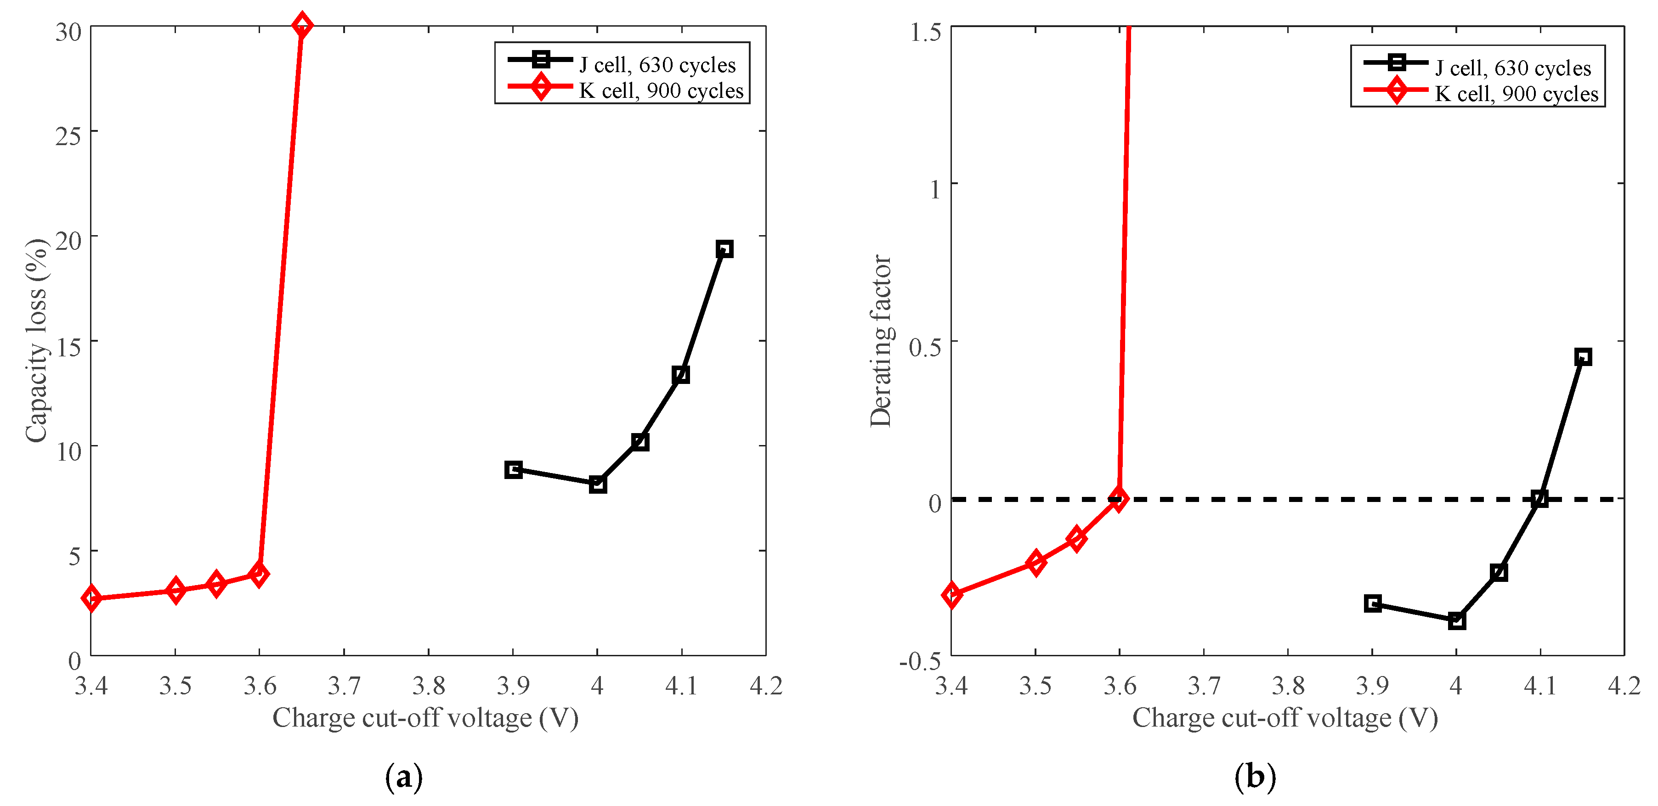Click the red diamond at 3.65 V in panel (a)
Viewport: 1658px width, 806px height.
click(x=302, y=26)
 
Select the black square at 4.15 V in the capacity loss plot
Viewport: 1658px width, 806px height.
click(x=724, y=249)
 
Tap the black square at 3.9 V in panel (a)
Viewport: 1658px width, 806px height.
click(x=513, y=469)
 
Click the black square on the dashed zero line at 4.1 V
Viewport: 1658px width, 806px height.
click(x=1539, y=498)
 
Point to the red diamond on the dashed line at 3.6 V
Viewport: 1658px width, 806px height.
click(x=1119, y=498)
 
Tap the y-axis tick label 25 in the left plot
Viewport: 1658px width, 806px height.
click(x=68, y=136)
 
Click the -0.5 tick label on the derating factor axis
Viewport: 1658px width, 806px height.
click(x=920, y=660)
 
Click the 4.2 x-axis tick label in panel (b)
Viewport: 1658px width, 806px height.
click(x=1623, y=686)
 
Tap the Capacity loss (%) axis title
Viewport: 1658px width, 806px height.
click(x=37, y=341)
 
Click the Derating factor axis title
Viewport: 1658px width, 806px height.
click(x=881, y=341)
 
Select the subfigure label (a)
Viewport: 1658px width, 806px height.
click(x=403, y=777)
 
